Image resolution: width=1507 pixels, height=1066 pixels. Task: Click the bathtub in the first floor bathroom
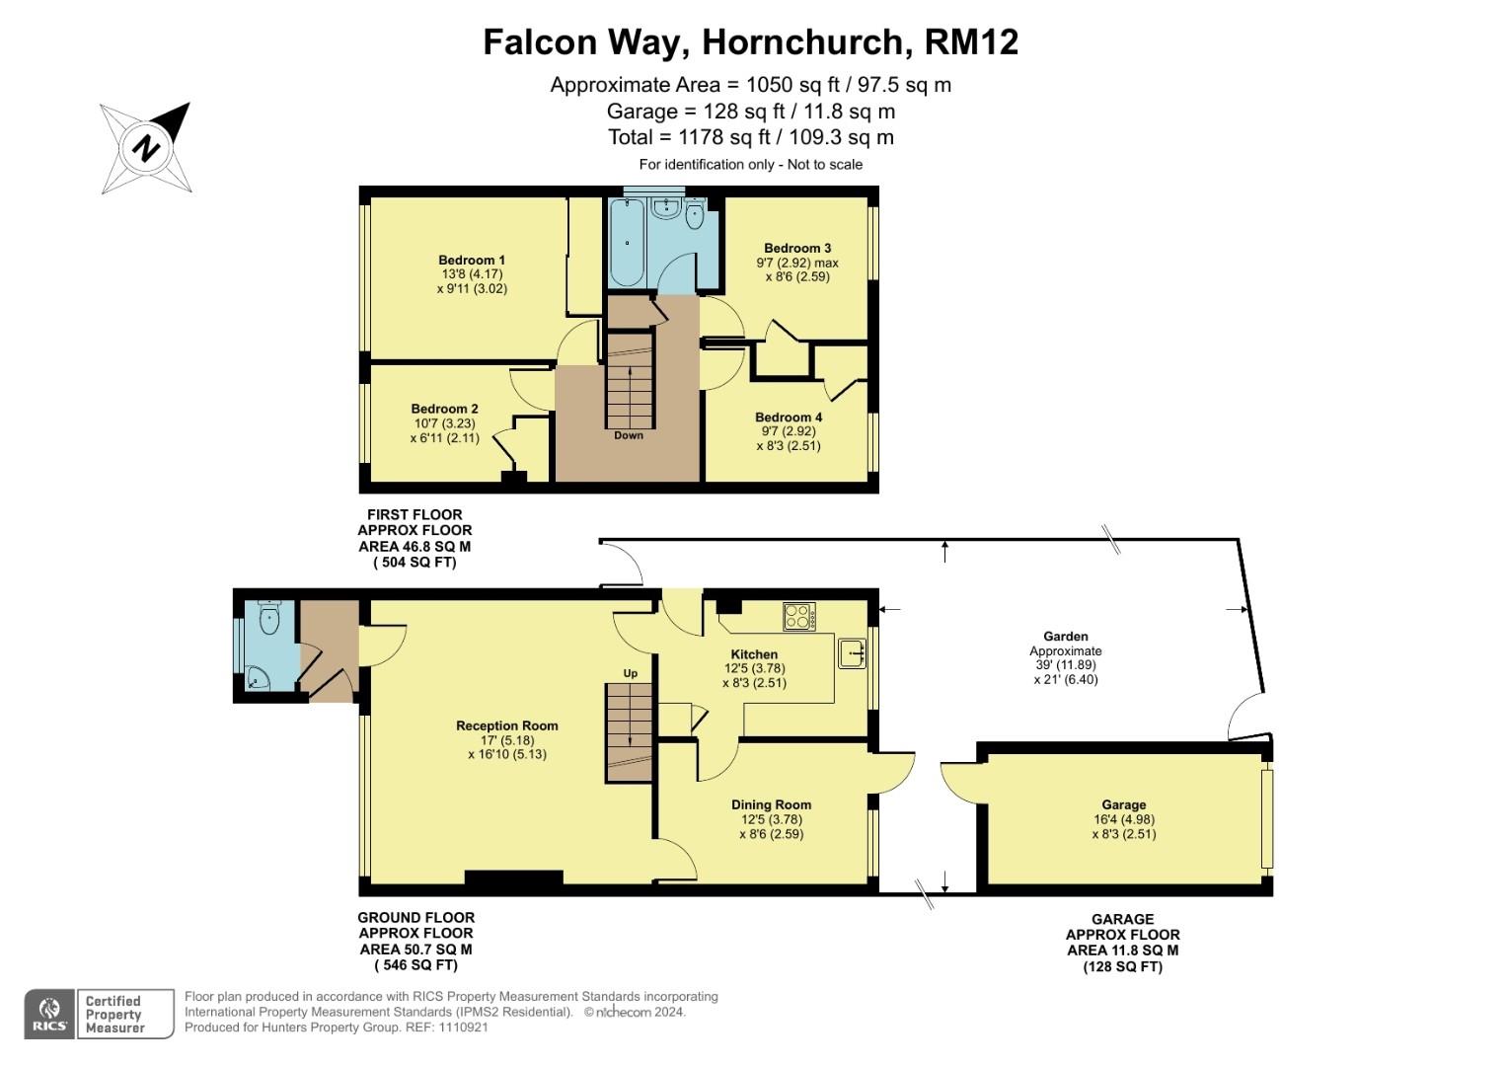point(627,242)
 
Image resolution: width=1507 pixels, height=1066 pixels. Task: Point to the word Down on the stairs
point(629,435)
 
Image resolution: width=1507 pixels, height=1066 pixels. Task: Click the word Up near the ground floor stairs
point(631,673)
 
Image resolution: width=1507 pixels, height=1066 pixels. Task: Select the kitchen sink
point(852,652)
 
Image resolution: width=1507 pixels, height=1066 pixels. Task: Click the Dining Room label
point(771,804)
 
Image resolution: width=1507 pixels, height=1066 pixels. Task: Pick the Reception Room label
point(507,725)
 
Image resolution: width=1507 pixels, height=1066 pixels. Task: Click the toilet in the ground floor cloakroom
point(268,619)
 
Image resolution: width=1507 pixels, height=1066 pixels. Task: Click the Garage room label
point(1124,804)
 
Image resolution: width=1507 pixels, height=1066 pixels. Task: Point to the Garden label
point(1066,637)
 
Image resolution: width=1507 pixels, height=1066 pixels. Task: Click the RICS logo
point(49,1014)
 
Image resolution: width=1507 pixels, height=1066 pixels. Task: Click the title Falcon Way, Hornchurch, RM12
point(750,42)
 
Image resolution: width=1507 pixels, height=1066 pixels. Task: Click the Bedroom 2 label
point(445,409)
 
